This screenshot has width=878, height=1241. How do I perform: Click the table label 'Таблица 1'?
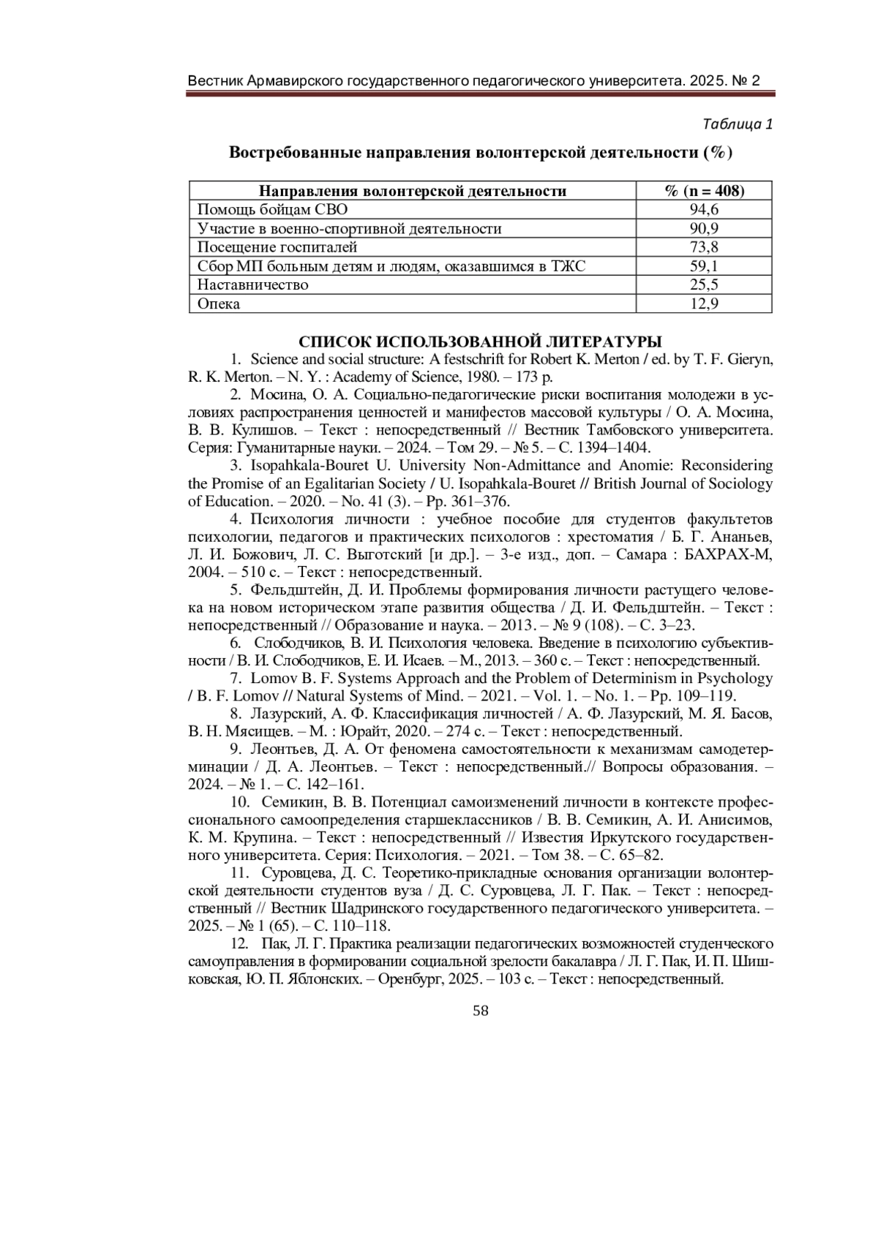pos(737,124)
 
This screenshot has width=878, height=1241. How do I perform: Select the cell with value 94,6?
pos(704,210)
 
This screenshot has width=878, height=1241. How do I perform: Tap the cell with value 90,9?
pos(704,229)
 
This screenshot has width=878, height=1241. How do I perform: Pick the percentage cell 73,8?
pos(704,247)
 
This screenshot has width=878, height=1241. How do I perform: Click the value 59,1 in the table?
pos(704,266)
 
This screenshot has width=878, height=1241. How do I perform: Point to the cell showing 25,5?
pos(704,284)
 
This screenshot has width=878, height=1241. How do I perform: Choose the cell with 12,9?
pos(704,303)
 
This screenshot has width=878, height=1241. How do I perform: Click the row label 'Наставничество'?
pos(253,284)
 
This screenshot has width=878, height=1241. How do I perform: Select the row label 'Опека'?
pos(219,303)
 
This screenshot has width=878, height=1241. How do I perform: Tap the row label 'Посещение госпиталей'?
pos(277,247)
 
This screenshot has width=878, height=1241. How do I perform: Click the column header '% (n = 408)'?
pos(704,192)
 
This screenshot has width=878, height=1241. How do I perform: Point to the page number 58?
pos(481,1011)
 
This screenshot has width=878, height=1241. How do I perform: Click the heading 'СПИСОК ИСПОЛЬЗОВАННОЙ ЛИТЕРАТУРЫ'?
pos(481,342)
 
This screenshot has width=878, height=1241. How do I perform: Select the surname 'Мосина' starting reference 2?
pos(274,395)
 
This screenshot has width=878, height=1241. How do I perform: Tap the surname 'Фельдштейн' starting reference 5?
pos(288,589)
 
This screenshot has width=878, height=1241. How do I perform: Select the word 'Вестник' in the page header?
pos(214,80)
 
